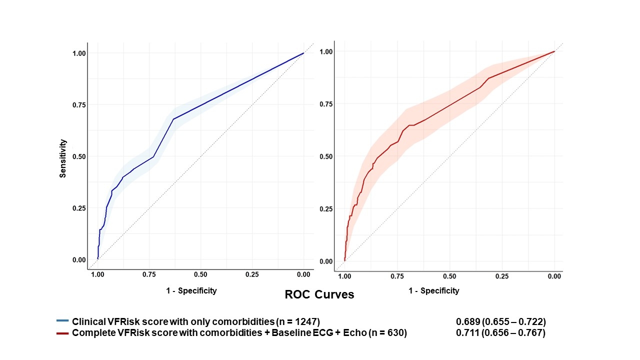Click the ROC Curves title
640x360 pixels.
click(x=319, y=294)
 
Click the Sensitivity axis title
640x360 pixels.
click(x=63, y=158)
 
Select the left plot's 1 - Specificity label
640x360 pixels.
click(x=191, y=290)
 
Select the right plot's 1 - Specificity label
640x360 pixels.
click(x=433, y=290)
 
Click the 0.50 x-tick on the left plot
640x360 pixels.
click(x=200, y=274)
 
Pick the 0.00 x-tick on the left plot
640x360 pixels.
click(x=303, y=274)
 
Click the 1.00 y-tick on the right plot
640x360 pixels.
click(x=326, y=51)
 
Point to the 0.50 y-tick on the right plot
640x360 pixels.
click(x=326, y=156)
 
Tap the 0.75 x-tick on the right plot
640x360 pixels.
click(x=397, y=276)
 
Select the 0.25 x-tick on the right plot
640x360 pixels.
click(x=502, y=276)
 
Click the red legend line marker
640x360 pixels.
click(x=62, y=333)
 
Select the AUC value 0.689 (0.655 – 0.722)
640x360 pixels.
click(x=500, y=321)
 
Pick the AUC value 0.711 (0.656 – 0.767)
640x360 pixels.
click(x=500, y=333)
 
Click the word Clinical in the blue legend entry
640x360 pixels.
click(x=88, y=321)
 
